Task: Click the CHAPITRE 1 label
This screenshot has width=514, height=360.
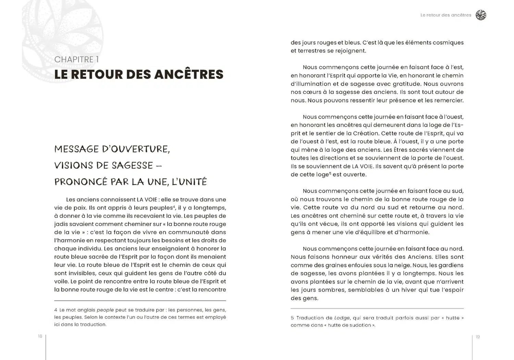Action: [x=76, y=60]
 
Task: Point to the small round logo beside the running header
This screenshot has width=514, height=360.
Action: [x=481, y=15]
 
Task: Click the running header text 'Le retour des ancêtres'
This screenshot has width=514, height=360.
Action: [x=445, y=15]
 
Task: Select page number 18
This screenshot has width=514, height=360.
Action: [x=40, y=336]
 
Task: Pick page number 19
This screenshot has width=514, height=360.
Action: [x=478, y=337]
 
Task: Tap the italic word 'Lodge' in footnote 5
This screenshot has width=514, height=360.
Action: [x=342, y=318]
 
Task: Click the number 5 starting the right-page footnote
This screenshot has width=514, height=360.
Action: [x=292, y=318]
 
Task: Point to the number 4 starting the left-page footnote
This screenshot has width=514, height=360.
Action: [x=56, y=310]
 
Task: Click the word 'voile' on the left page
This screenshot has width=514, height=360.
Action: [x=61, y=281]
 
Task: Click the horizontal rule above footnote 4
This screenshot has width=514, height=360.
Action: [x=140, y=301]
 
